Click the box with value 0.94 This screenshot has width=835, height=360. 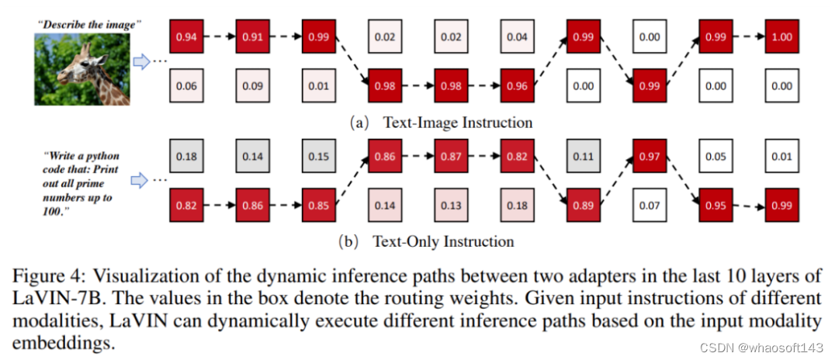(x=186, y=37)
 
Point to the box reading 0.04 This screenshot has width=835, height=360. (x=518, y=37)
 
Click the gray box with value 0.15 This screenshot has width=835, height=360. (x=319, y=156)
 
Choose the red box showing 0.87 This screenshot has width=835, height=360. (x=452, y=156)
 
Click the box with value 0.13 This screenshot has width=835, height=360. (x=452, y=206)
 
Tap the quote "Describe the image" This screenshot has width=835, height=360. (x=88, y=24)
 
